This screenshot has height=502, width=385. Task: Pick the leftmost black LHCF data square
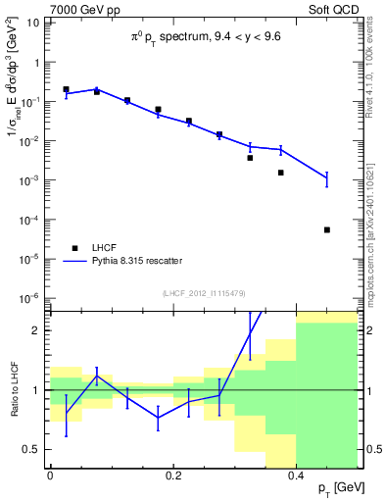tap(66, 89)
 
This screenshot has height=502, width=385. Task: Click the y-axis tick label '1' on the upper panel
tap(37, 63)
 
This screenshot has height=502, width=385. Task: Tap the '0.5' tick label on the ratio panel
tap(32, 449)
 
